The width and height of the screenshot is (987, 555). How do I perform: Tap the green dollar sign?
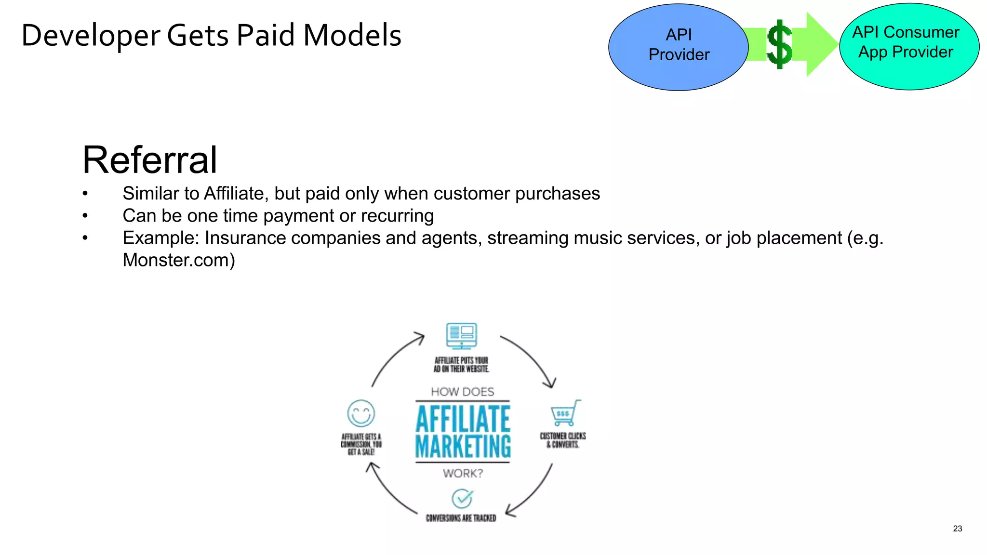pos(779,44)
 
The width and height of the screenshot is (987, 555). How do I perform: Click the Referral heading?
pos(150,160)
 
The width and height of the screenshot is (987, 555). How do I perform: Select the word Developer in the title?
pos(91,36)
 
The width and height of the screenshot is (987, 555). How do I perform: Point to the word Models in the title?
pos(352,36)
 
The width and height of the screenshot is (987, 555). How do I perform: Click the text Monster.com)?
pos(179,260)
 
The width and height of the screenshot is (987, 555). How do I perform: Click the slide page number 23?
pos(957,529)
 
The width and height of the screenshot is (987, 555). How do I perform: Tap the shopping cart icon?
pos(564,413)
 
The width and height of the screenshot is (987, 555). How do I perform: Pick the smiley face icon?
pos(361,413)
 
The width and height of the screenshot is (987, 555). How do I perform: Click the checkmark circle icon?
pos(462,499)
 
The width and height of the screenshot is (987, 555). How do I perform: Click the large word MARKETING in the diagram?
pos(463,447)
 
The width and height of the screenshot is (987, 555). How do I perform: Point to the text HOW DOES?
pos(462,392)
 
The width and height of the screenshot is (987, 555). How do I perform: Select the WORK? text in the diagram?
pos(463,474)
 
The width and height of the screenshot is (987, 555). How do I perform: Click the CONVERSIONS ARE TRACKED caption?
pos(461,518)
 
